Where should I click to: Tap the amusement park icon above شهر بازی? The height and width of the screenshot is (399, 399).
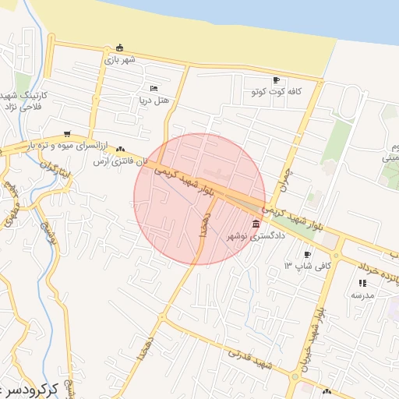pos(118,48)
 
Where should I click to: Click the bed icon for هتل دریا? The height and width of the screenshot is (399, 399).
pos(154,87)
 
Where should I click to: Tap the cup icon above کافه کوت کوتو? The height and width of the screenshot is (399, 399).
pos(276,80)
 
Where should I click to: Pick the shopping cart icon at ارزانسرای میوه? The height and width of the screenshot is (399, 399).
pos(69,133)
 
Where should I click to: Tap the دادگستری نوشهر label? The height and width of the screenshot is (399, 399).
pos(256,235)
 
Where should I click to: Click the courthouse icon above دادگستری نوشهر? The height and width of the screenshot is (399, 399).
pos(256,224)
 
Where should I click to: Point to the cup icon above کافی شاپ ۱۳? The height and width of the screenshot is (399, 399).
pos(307,255)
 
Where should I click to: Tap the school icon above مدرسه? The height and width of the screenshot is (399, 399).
pos(362,284)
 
